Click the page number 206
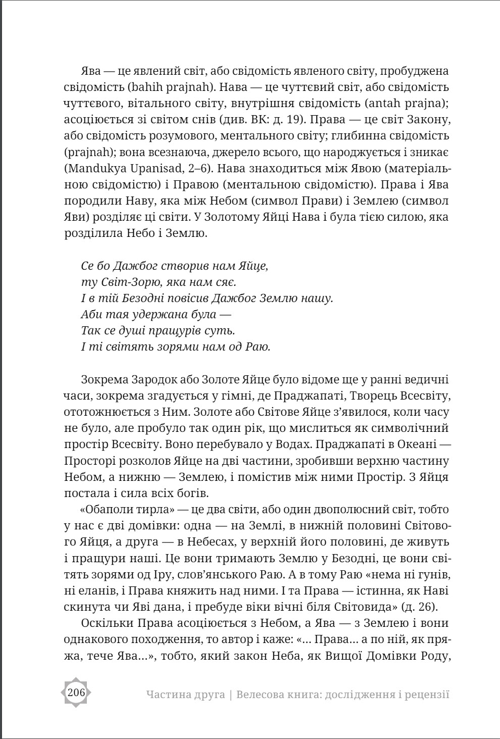tap(76, 693)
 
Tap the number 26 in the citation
tap(434, 590)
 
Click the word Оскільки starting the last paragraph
tap(106, 623)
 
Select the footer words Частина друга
tap(185, 695)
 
